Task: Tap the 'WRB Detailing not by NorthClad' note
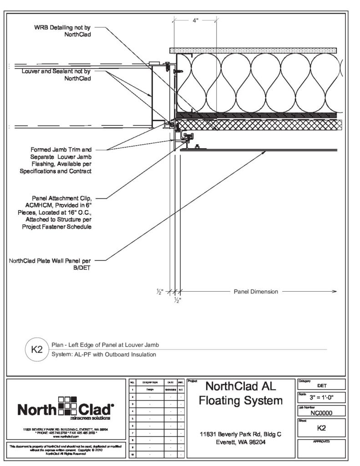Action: point(62,31)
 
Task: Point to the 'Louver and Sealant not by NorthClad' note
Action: point(56,75)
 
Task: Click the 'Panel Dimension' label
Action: point(255,292)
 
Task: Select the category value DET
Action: point(322,385)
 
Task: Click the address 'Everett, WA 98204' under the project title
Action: point(241,442)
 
